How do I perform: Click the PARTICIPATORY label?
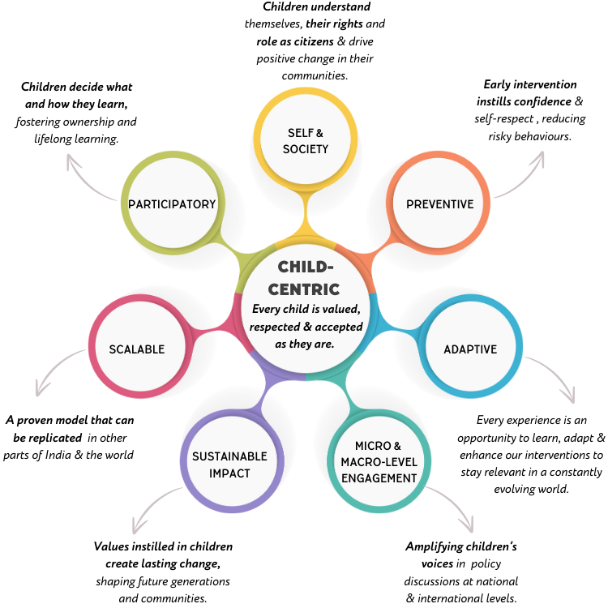coord(172,204)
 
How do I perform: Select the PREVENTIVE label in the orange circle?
coord(439,204)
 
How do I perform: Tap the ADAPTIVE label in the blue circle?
coord(470,349)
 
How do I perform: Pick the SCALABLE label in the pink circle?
coord(137,349)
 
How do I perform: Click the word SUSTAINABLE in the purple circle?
coord(229,456)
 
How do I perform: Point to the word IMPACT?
coord(229,473)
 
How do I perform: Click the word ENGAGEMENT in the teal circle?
coord(379,478)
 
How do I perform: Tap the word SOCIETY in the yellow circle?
coord(306,149)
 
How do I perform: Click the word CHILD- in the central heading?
coord(306,267)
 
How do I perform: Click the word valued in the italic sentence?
coord(338,309)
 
